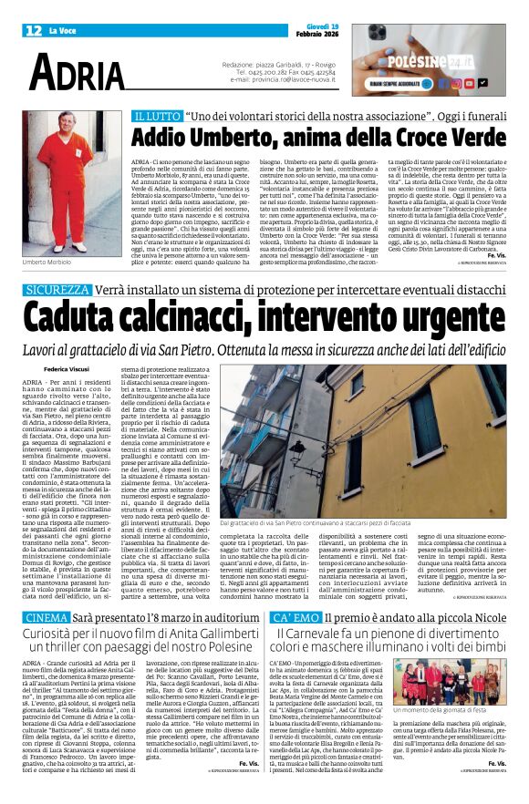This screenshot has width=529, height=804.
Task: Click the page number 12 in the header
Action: click(x=32, y=31)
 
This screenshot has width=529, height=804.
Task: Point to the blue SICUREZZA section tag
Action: click(x=57, y=289)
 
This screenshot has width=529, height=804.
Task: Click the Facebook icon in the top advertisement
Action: click(x=457, y=83)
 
